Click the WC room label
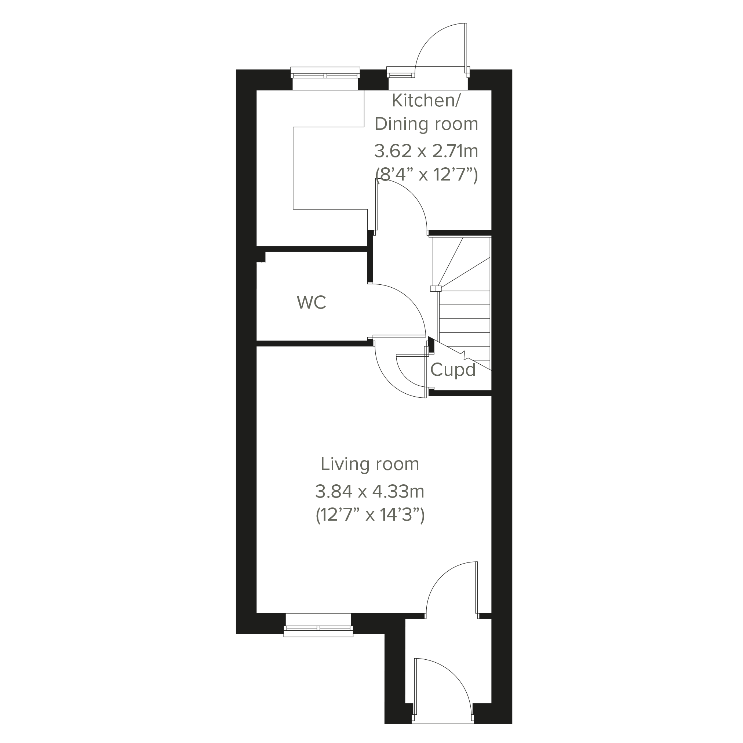click(x=311, y=303)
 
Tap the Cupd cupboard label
click(x=453, y=369)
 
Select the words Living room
click(x=369, y=464)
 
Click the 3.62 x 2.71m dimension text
click(x=426, y=151)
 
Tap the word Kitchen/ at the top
click(x=426, y=101)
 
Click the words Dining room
click(x=426, y=124)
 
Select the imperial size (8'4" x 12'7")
click(x=426, y=175)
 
